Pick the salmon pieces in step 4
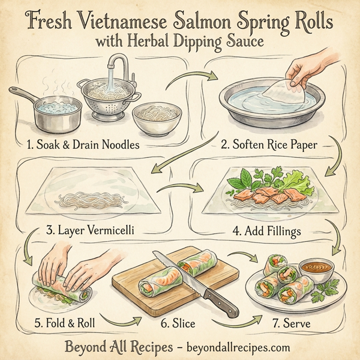[x=270, y=194]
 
